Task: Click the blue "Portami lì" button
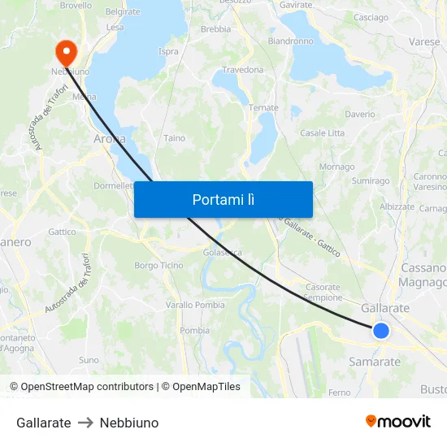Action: tap(223, 199)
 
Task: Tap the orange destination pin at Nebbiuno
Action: tap(66, 51)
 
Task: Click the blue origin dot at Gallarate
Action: tap(380, 330)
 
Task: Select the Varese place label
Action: tap(424, 41)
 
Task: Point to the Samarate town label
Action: tap(374, 362)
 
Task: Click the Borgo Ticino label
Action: tap(158, 266)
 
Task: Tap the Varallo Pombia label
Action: tap(195, 305)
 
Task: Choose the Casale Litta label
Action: tap(323, 133)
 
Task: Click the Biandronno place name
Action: tap(290, 41)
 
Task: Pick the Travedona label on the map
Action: tap(242, 70)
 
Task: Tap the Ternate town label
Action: tap(263, 108)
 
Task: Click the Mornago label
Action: tap(336, 167)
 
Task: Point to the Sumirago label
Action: tap(371, 181)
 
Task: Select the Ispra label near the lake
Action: tap(168, 52)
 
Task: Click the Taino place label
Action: tap(174, 138)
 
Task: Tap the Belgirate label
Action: tap(123, 12)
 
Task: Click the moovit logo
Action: tap(398, 421)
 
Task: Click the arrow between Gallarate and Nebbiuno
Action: tap(85, 423)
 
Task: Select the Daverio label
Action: tap(360, 115)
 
